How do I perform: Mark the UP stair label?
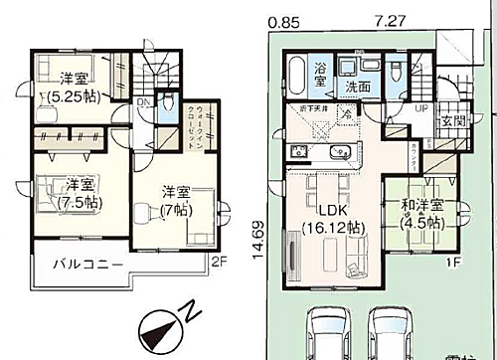point(422,107)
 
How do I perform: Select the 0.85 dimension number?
point(284,19)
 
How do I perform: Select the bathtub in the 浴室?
point(297,73)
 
